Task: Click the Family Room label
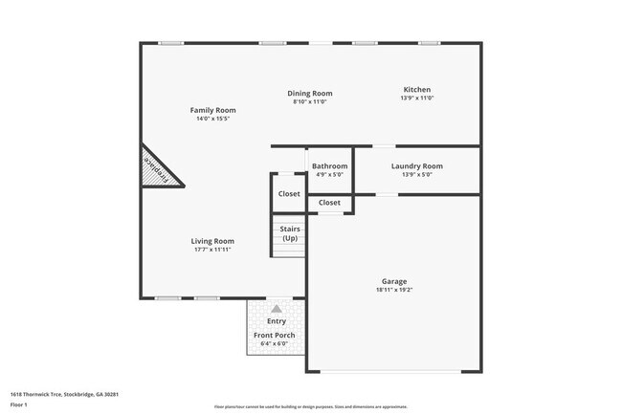pos(212,111)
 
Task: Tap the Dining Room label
pos(310,94)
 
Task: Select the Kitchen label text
pos(416,90)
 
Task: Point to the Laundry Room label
pos(417,166)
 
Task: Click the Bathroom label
pos(330,166)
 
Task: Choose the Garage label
pos(394,281)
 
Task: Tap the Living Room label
pos(212,241)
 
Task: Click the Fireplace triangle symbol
pos(158,170)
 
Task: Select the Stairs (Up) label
pos(290,233)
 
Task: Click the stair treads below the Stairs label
pos(289,251)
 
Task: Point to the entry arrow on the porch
pos(277,308)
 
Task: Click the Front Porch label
pos(274,336)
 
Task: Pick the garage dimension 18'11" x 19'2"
pos(394,290)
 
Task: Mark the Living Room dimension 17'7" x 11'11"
pos(212,250)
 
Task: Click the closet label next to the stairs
pos(289,194)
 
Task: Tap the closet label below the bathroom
pos(329,203)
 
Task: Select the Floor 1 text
pos(18,404)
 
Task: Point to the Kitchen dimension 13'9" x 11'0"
pos(416,98)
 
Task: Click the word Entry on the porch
pos(276,321)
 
